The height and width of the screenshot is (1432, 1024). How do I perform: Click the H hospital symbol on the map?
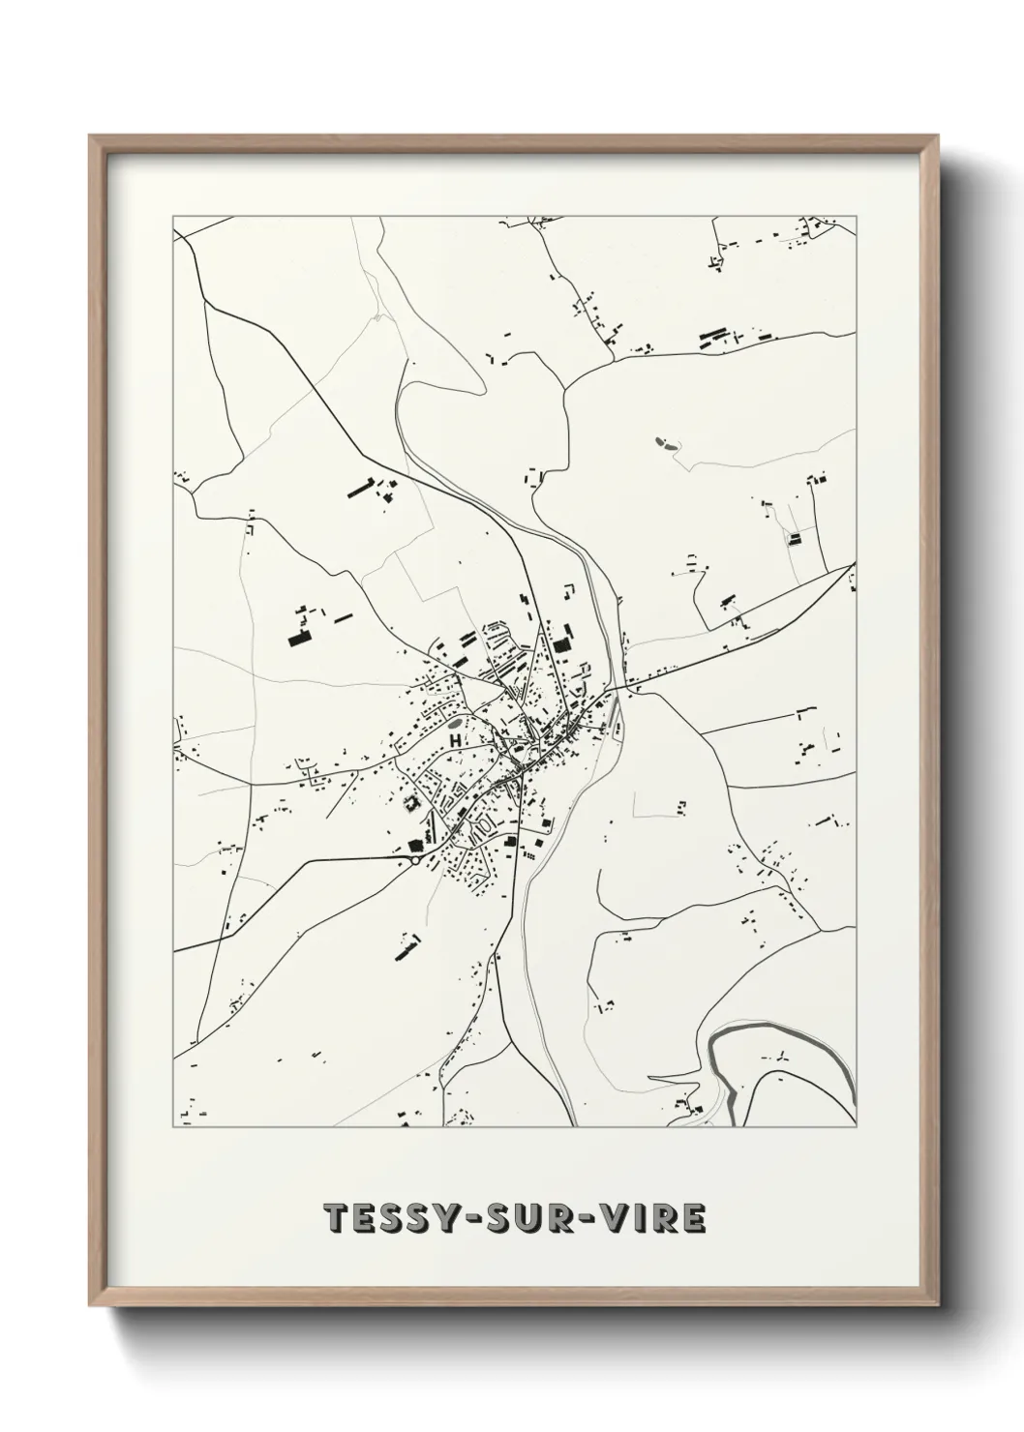[x=453, y=739]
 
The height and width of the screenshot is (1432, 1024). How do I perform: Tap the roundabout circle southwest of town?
[x=415, y=858]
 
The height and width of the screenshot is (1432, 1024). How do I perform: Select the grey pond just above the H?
[x=454, y=722]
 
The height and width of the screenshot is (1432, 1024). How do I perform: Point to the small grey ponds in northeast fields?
[x=667, y=443]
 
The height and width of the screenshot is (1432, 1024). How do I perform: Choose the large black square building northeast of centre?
[x=562, y=644]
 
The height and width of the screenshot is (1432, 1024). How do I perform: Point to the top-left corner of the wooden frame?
[x=91, y=136]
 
